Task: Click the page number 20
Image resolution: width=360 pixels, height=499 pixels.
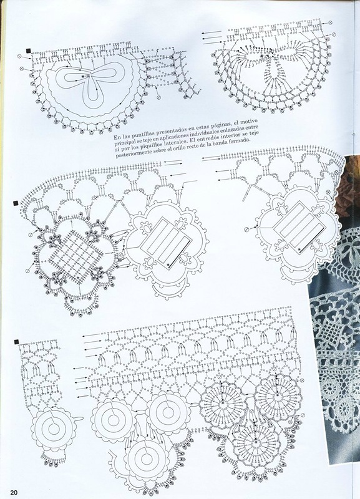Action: click(x=14, y=492)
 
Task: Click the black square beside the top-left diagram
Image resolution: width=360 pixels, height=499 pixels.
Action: click(x=28, y=51)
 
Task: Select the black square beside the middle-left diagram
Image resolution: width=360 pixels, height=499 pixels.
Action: click(x=15, y=203)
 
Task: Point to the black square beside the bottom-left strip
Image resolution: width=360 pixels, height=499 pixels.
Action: click(x=16, y=342)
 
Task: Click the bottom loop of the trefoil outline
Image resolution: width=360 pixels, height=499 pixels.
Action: click(x=93, y=94)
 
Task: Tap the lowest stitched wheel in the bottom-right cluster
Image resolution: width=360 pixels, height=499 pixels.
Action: click(x=256, y=443)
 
